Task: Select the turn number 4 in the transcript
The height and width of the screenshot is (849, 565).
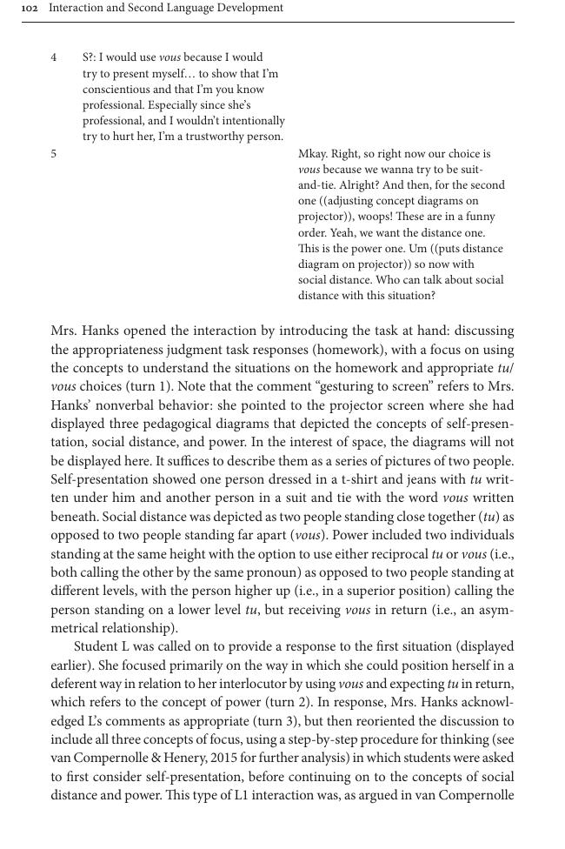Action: point(54,57)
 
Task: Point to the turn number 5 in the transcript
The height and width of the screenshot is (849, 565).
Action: point(54,153)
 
